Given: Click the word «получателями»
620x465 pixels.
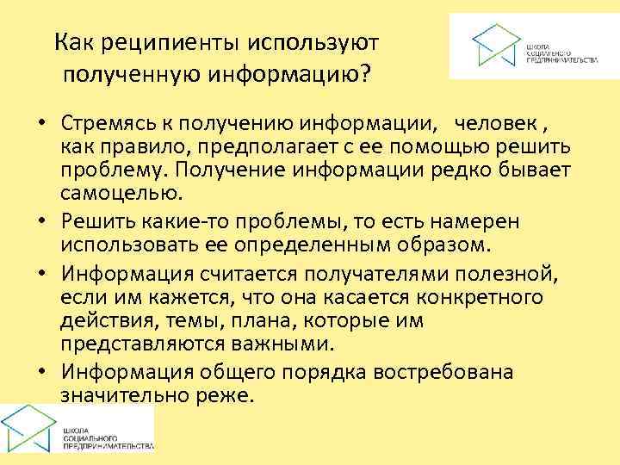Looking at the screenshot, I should [x=376, y=276].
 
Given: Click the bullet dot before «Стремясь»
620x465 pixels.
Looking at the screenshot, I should [x=42, y=121].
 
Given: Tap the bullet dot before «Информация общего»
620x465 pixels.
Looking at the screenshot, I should [x=42, y=373].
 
